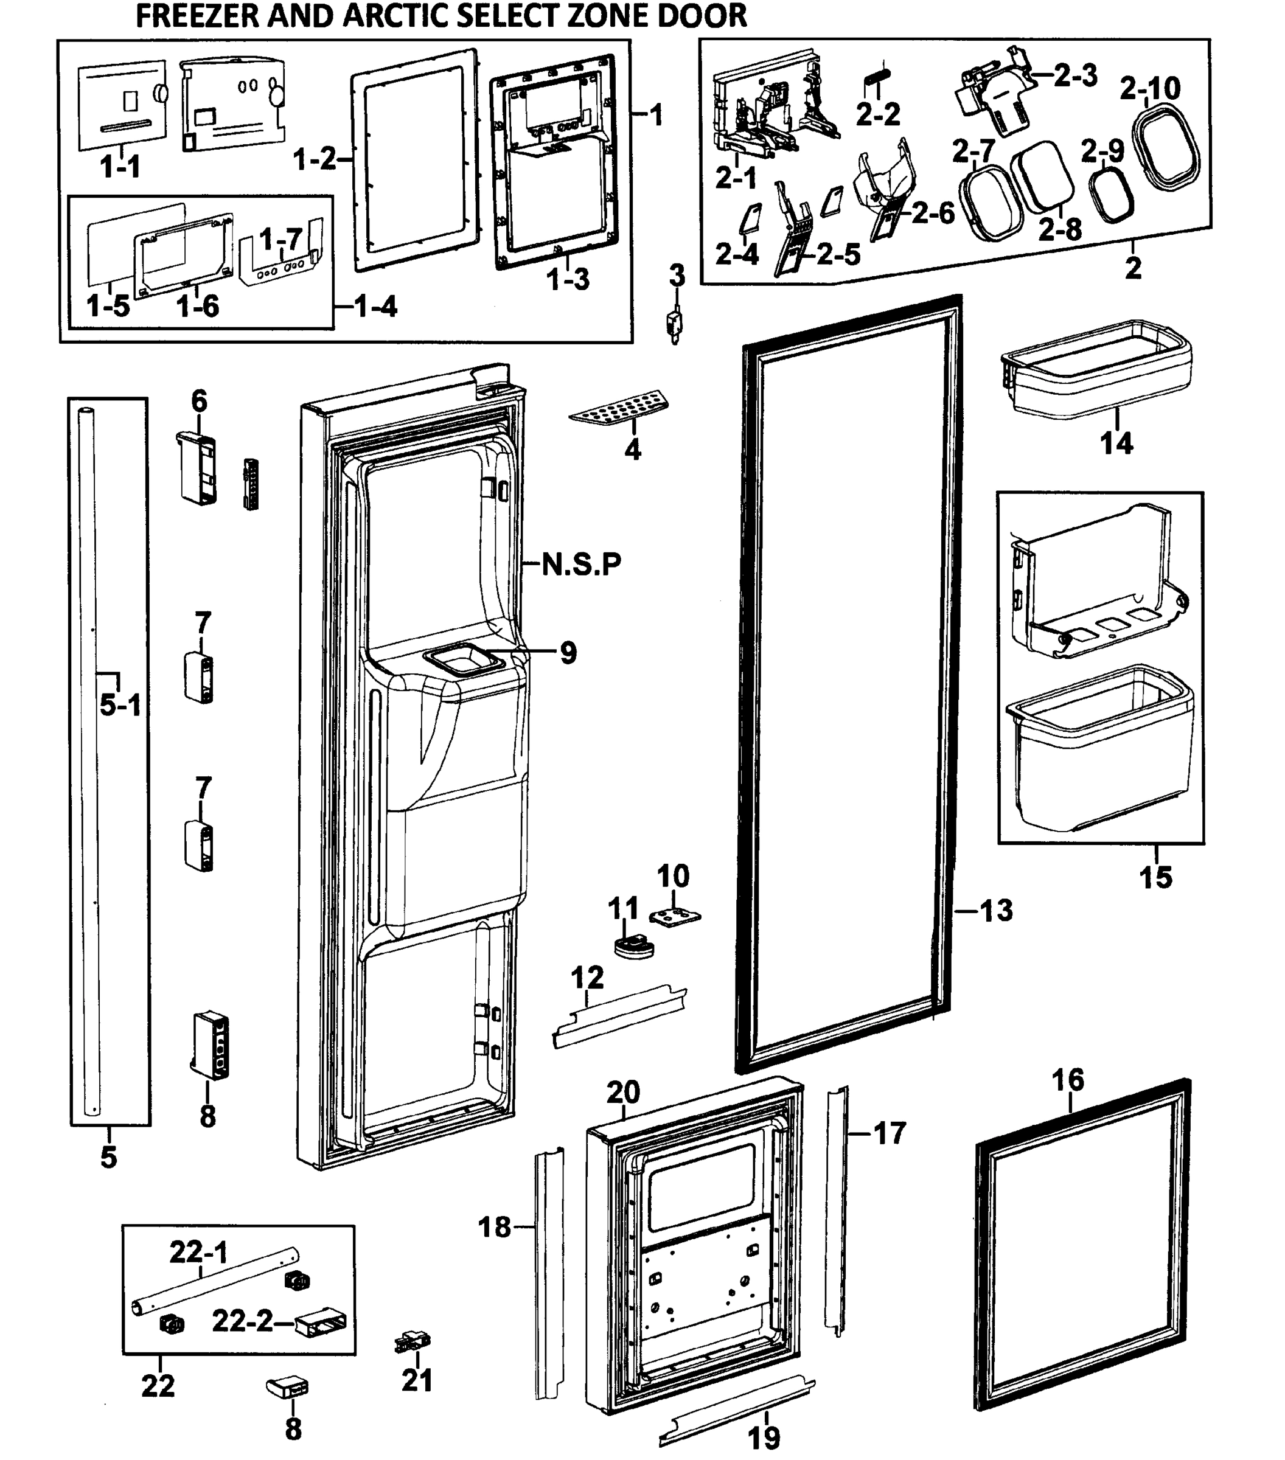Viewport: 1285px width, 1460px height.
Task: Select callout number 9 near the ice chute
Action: [x=568, y=652]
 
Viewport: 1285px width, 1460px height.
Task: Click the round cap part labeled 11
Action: [x=633, y=947]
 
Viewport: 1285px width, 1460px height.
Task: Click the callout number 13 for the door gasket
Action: [x=996, y=910]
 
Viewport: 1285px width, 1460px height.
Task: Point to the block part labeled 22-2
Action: [x=321, y=1324]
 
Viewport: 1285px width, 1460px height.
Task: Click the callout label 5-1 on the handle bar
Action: [x=120, y=706]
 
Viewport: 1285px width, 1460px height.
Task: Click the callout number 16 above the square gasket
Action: [x=1068, y=1079]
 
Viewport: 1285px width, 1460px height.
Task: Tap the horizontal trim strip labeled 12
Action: [x=619, y=1017]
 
